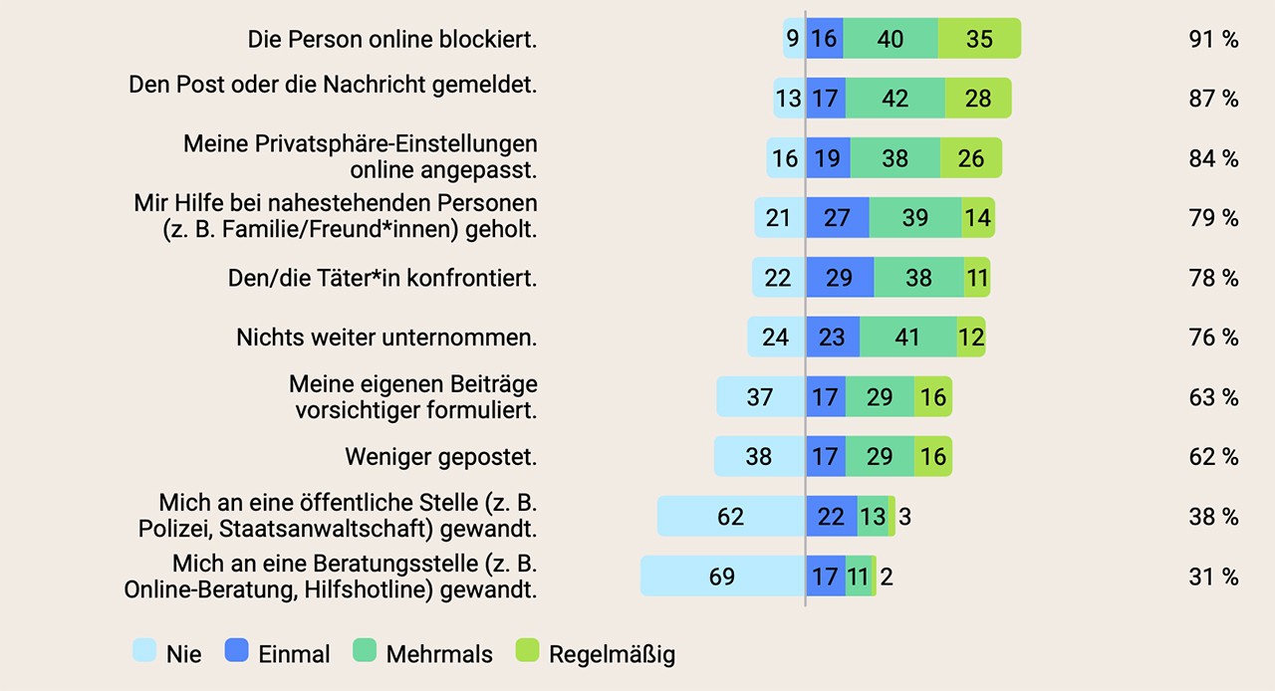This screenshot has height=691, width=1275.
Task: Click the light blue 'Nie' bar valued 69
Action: click(722, 576)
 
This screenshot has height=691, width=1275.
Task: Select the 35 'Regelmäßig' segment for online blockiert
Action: click(979, 39)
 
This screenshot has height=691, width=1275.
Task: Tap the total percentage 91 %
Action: click(1213, 40)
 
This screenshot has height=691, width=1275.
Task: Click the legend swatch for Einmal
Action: click(236, 652)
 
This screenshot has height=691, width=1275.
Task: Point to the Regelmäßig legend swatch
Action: click(527, 652)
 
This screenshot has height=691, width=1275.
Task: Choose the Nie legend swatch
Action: click(144, 652)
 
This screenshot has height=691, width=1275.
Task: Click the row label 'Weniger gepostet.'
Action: click(440, 457)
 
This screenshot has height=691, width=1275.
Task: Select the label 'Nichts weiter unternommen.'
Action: click(386, 338)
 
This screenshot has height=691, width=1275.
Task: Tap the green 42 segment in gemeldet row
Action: click(894, 99)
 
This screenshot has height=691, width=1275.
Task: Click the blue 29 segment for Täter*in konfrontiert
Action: click(840, 278)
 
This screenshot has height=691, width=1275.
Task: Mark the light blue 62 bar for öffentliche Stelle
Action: click(731, 517)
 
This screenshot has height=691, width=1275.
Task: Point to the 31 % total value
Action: click(1213, 576)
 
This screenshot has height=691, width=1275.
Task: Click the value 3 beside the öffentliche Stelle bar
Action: click(903, 517)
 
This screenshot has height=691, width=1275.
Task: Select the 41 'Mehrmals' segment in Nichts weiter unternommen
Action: click(907, 338)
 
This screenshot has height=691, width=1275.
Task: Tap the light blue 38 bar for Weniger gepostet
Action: click(759, 457)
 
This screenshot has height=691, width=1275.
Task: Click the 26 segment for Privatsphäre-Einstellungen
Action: click(970, 158)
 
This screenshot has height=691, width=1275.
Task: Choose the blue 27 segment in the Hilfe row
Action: click(837, 218)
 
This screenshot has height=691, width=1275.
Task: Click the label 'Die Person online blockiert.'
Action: click(392, 40)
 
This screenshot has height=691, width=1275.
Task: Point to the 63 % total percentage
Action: click(1213, 397)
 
